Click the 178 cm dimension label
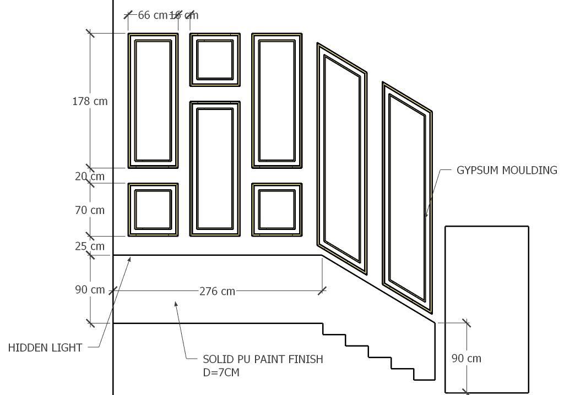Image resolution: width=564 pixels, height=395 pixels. tap(90, 101)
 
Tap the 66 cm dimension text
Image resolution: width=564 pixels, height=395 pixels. tap(151, 15)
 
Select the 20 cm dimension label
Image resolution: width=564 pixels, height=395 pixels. tap(89, 176)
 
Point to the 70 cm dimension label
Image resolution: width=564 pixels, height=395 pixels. tap(89, 210)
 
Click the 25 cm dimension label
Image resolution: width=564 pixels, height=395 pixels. tap(89, 246)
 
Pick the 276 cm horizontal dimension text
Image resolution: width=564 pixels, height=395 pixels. tap(217, 291)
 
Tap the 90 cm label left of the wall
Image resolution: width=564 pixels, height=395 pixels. tap(90, 290)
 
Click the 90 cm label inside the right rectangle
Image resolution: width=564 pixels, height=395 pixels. tap(466, 359)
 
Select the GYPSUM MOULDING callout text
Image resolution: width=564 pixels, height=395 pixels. tap(507, 171)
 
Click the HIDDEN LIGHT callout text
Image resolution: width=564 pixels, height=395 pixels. tap(45, 348)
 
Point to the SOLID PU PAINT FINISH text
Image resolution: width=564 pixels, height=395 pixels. tap(263, 359)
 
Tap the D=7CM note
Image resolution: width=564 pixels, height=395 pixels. tap(221, 372)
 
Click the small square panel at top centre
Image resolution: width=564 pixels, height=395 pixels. tap(215, 59)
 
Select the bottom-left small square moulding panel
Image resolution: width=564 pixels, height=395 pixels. tap(153, 210)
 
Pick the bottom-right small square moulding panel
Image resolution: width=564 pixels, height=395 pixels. tap(276, 210)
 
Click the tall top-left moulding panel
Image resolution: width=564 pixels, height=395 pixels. tap(153, 101)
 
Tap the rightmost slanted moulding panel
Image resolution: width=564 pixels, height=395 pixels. tap(407, 197)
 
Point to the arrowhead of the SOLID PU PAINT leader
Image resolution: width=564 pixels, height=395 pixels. tap(176, 302)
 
